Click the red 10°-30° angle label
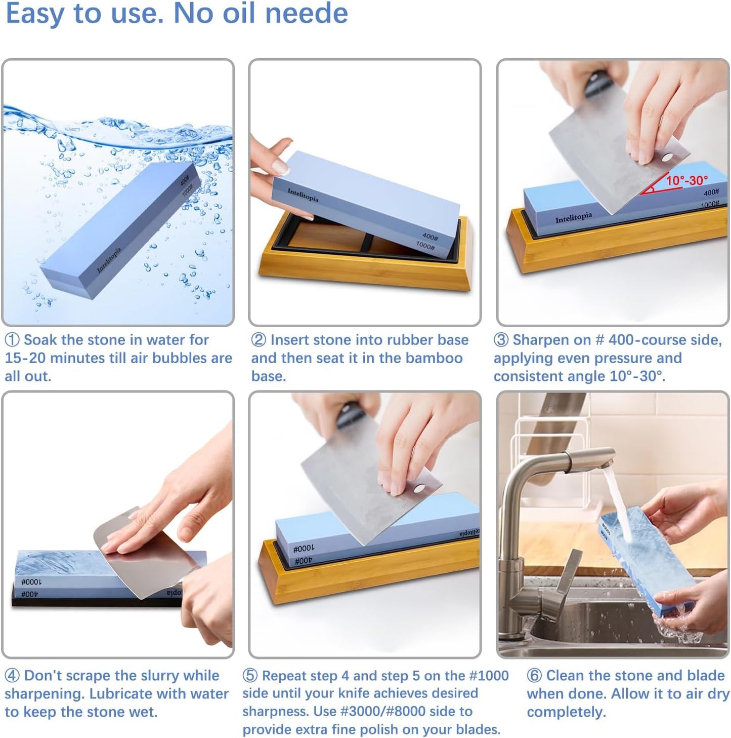tap(686, 180)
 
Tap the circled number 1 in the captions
tap(12, 340)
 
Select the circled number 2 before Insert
tap(259, 340)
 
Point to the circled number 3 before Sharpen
tap(501, 340)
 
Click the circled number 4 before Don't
tap(12, 676)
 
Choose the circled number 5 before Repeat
tap(250, 676)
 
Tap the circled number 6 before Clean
tap(534, 676)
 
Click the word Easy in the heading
tap(34, 13)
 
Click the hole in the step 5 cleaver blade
tap(419, 488)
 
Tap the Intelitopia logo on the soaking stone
tap(109, 260)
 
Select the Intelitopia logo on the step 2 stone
tap(303, 195)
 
